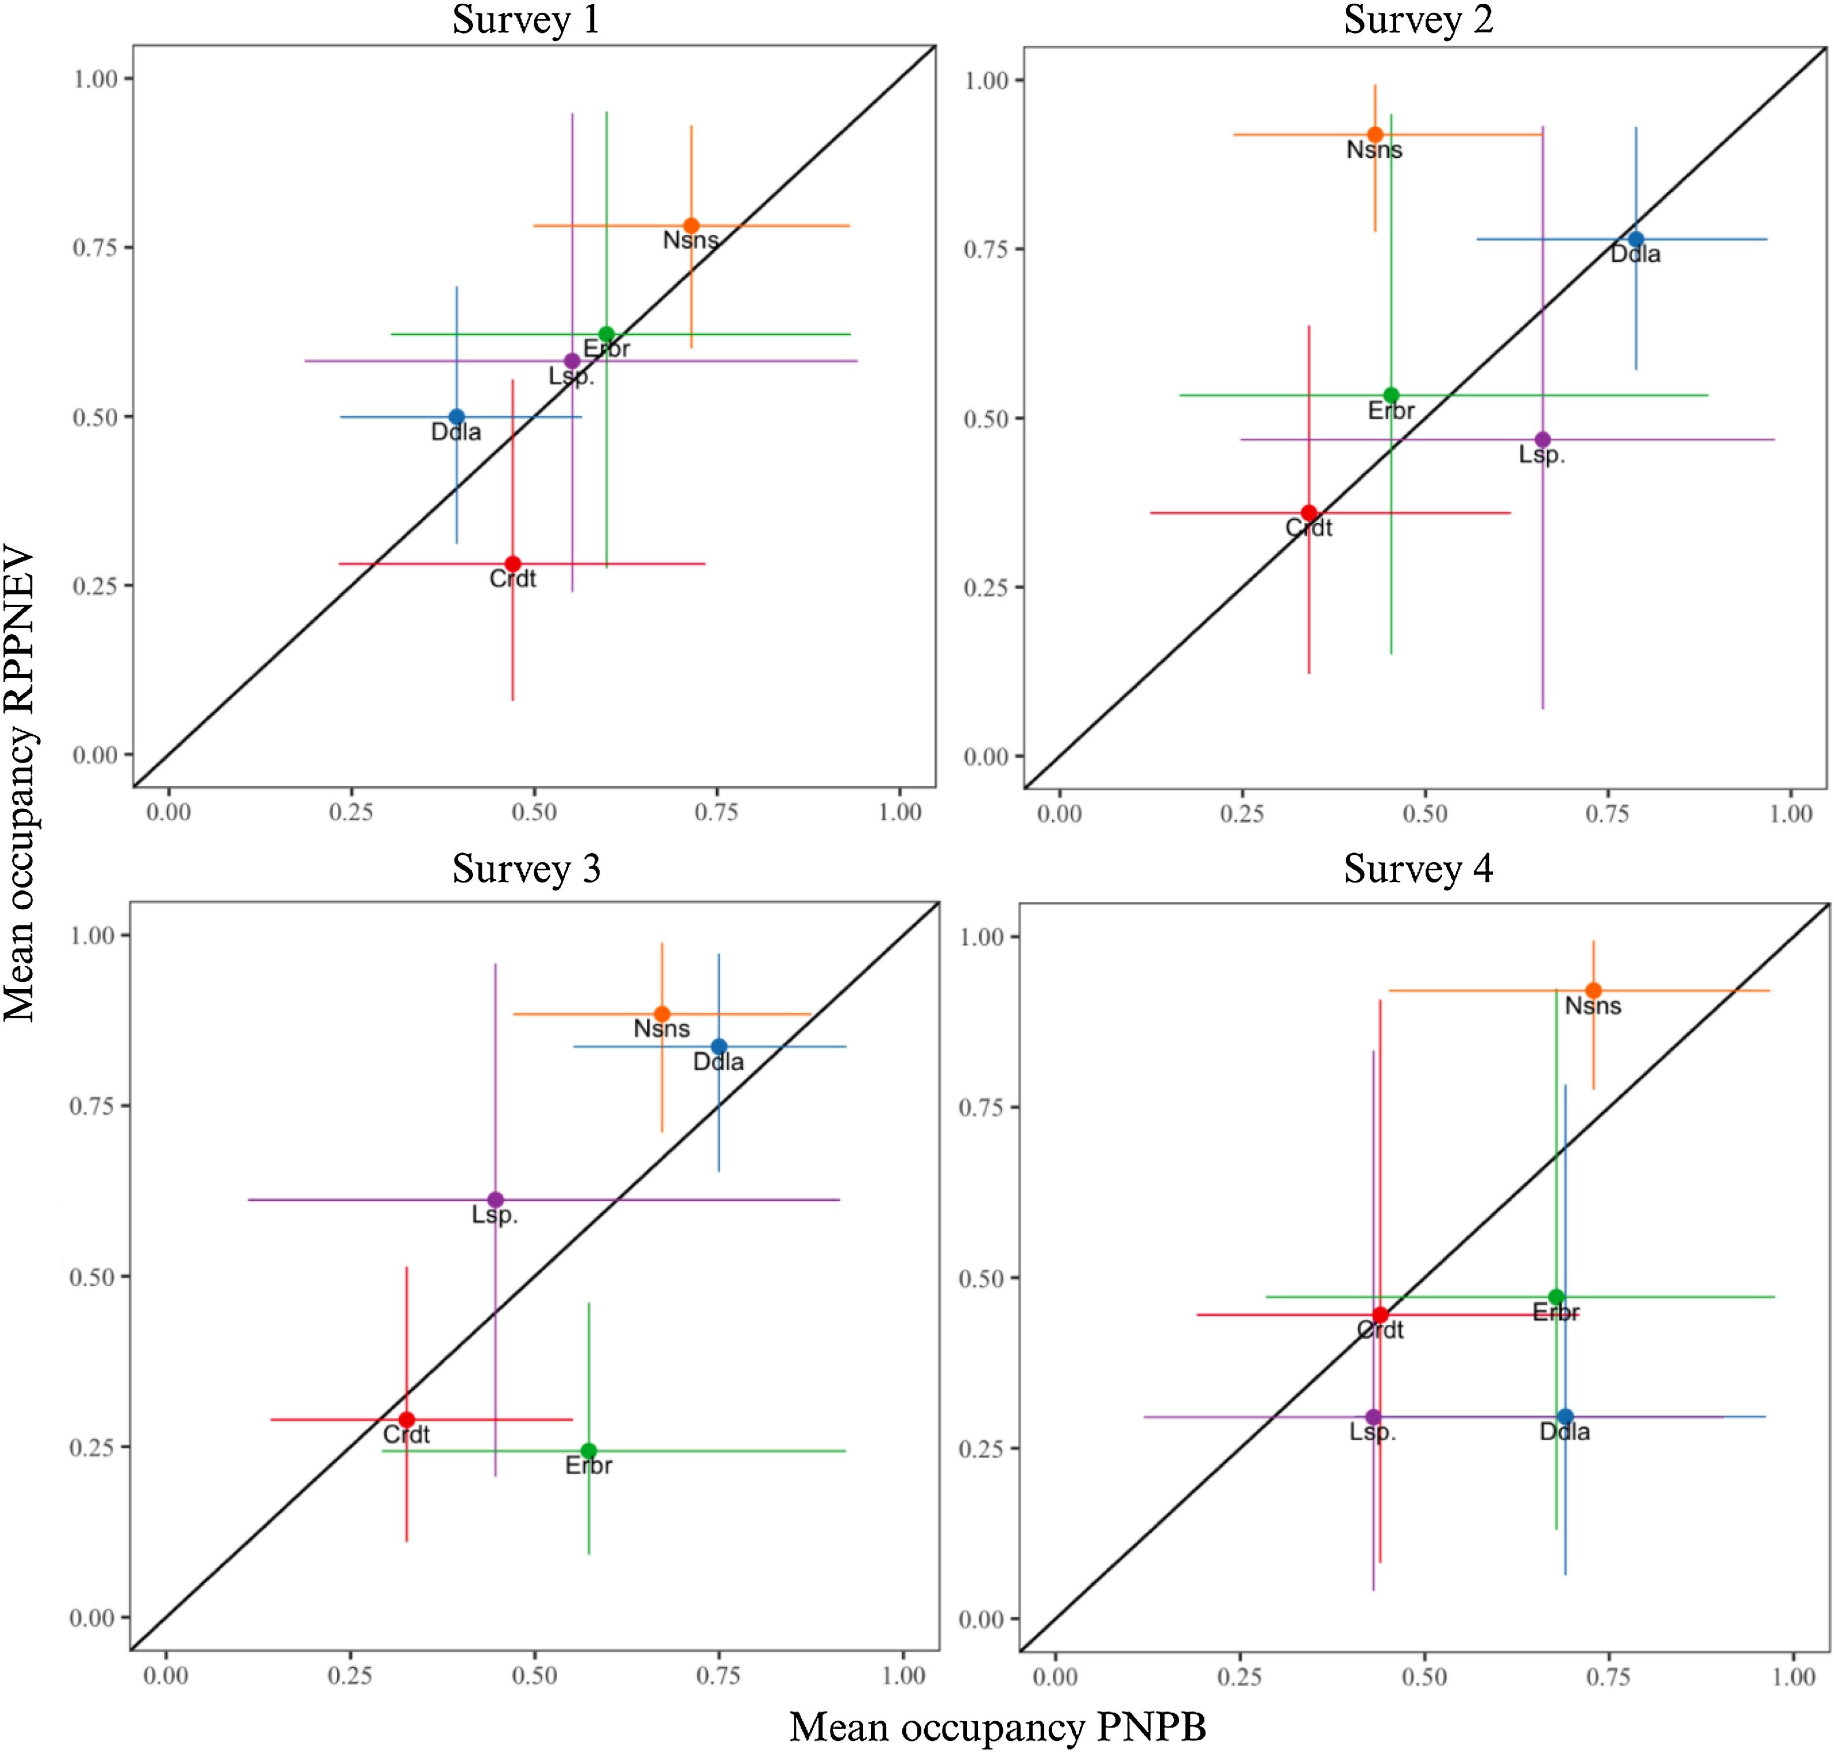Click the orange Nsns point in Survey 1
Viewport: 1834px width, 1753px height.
691,225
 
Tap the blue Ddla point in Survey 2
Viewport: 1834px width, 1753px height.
1636,239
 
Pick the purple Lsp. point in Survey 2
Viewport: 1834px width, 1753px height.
1542,439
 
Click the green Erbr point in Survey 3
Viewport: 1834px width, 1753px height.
589,1450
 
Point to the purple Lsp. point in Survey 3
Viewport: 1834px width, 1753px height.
495,1199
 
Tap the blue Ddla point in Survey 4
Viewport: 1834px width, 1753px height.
1566,1417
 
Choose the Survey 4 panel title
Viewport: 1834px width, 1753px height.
1418,869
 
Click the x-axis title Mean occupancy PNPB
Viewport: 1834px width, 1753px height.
998,1727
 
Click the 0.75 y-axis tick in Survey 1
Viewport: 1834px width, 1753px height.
95,248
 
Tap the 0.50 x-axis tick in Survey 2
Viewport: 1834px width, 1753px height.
1425,813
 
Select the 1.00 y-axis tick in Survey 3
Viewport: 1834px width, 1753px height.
92,935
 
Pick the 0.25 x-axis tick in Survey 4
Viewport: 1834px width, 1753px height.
1239,1676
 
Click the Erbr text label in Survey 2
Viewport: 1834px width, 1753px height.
1391,410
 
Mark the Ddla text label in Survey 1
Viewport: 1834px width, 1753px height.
456,431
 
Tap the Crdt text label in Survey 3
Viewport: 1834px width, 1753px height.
407,1434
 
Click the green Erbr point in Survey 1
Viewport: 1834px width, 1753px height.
607,334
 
